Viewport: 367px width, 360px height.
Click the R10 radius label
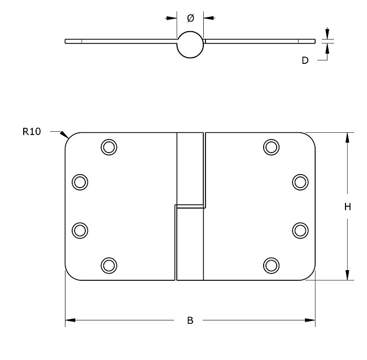pos(32,132)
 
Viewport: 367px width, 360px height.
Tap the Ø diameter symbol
pos(190,18)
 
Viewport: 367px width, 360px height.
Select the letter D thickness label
pos(305,60)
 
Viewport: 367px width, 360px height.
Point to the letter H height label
pos(348,207)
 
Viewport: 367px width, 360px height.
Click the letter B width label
pos(190,320)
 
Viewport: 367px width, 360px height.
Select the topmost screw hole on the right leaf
pos(272,147)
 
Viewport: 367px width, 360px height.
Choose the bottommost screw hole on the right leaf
pos(272,264)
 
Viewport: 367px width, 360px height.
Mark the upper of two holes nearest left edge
pos(80,181)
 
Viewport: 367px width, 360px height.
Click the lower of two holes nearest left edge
pos(80,230)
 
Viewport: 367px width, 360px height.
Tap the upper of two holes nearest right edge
pos(300,181)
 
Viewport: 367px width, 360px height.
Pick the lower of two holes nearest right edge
pos(300,230)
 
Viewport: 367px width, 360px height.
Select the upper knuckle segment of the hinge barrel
pos(190,168)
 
